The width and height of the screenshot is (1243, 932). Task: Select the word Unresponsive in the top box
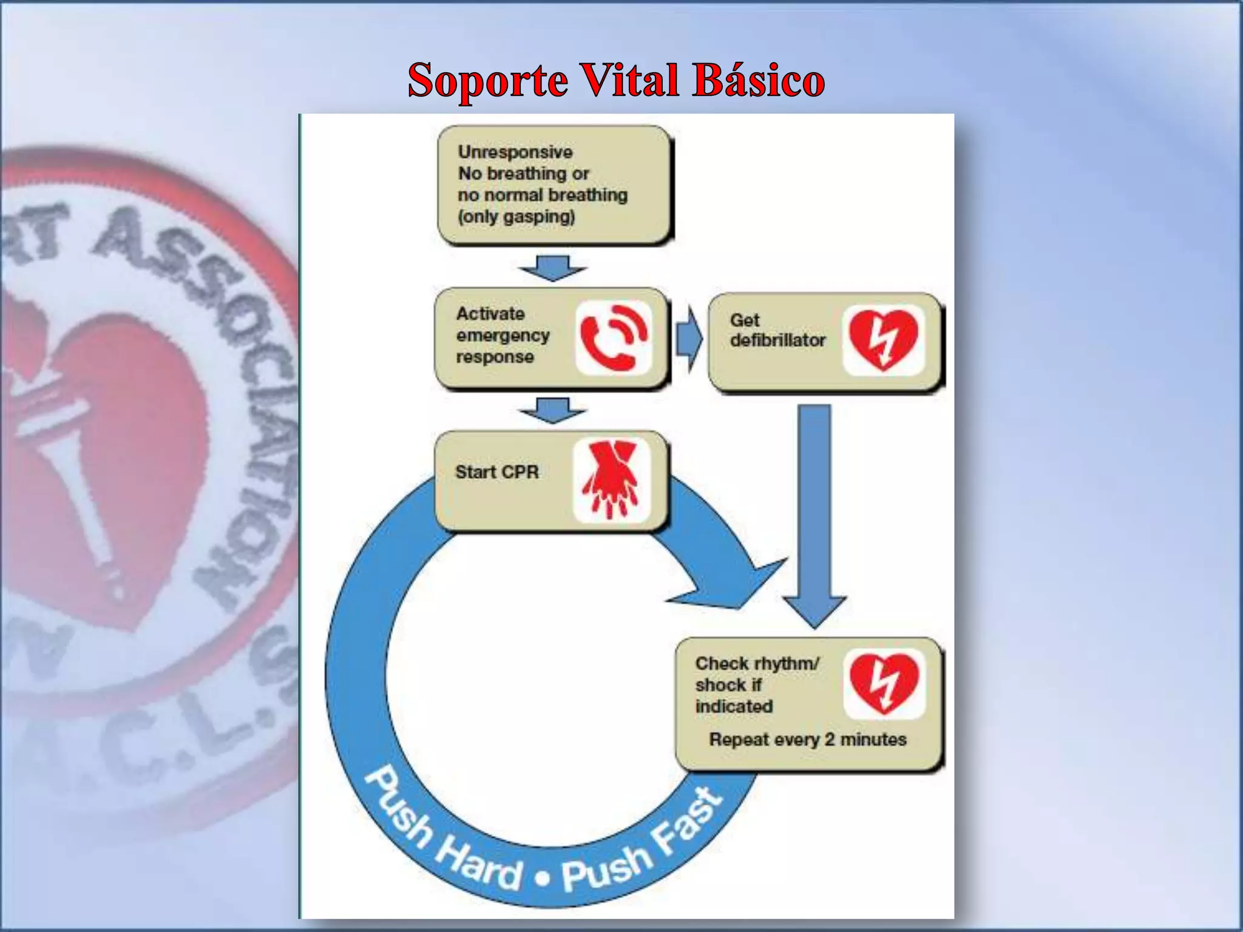515,152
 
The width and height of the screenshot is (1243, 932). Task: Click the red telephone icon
614,337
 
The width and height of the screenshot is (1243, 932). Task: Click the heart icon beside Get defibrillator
883,339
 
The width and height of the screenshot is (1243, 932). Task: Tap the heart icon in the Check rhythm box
884,683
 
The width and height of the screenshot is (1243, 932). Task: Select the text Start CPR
496,472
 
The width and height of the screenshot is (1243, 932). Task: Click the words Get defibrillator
777,330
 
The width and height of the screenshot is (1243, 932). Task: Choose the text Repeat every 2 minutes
808,740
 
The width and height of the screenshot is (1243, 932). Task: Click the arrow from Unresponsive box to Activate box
552,268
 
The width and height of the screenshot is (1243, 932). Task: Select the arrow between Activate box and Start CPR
552,410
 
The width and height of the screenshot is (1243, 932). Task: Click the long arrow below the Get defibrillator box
815,516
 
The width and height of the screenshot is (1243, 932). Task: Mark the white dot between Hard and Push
544,877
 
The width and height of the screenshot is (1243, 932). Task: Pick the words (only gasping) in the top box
517,217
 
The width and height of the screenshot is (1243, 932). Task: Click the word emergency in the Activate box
503,336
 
